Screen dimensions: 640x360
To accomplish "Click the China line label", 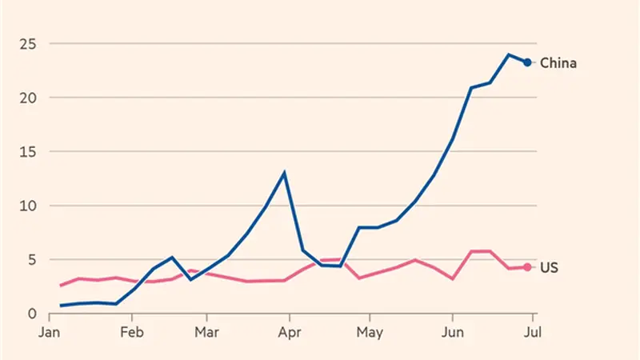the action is pyautogui.click(x=558, y=63).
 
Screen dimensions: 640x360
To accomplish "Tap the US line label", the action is pyautogui.click(x=549, y=267).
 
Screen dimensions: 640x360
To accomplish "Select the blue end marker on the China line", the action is pyautogui.click(x=527, y=62).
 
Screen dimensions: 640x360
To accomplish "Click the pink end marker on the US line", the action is pyautogui.click(x=527, y=267).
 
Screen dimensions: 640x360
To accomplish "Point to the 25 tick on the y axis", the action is pyautogui.click(x=28, y=44).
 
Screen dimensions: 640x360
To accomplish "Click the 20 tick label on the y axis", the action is pyautogui.click(x=28, y=98).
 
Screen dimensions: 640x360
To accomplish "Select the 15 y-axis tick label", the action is pyautogui.click(x=28, y=152).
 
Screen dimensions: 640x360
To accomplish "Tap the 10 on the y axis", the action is pyautogui.click(x=28, y=206).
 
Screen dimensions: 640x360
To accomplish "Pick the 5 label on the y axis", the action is pyautogui.click(x=32, y=260).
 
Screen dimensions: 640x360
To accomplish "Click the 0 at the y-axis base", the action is pyautogui.click(x=32, y=314).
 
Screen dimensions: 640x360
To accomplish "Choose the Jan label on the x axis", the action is pyautogui.click(x=50, y=332).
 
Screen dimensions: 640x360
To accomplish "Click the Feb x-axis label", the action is pyautogui.click(x=132, y=332).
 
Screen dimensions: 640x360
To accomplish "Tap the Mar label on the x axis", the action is pyautogui.click(x=206, y=332).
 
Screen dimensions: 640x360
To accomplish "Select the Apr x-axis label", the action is pyautogui.click(x=290, y=332).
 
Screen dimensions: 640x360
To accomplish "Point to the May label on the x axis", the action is pyautogui.click(x=370, y=332).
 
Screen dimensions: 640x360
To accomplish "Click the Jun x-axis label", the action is pyautogui.click(x=452, y=332).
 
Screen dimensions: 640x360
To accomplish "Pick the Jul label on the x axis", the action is pyautogui.click(x=533, y=332).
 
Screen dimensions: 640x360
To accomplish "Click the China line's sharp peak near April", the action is pyautogui.click(x=284, y=173).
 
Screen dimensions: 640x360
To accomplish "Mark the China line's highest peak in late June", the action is pyautogui.click(x=509, y=54).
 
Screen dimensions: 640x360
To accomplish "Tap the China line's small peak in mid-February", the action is pyautogui.click(x=172, y=258).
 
